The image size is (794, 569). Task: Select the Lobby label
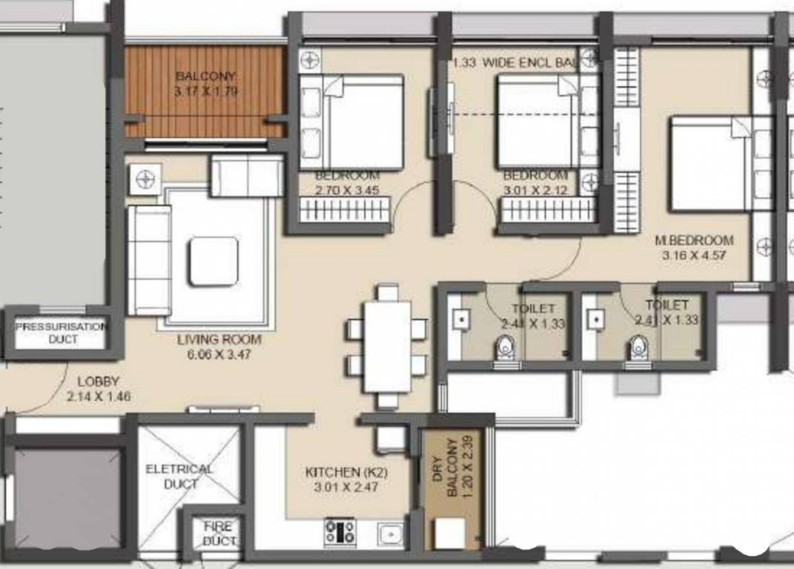(x=98, y=382)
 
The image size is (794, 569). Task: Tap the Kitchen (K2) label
(x=346, y=472)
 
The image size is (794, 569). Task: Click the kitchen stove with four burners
(x=340, y=531)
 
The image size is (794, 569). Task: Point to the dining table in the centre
(x=387, y=346)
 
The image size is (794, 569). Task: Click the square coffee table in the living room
(x=213, y=261)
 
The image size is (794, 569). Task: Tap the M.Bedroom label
(x=694, y=241)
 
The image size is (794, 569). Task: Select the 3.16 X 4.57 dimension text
(x=694, y=256)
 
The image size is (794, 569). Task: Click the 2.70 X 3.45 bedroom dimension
(x=347, y=190)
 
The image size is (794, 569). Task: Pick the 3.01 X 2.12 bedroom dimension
(x=535, y=190)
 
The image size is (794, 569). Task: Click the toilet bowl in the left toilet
(x=506, y=347)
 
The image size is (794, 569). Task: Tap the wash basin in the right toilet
(x=595, y=319)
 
